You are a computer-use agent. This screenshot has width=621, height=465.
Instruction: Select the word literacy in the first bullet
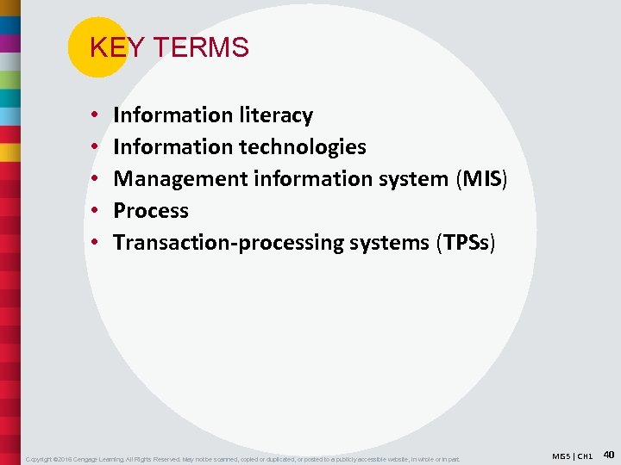pos(276,115)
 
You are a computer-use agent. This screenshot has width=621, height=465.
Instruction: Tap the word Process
pos(151,211)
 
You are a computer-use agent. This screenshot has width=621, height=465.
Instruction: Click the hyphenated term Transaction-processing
pos(229,243)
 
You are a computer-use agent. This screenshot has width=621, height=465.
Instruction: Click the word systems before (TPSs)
pos(389,243)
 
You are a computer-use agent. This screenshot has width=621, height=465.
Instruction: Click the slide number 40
pos(608,454)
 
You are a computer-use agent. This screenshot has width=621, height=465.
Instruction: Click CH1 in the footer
pos(586,455)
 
